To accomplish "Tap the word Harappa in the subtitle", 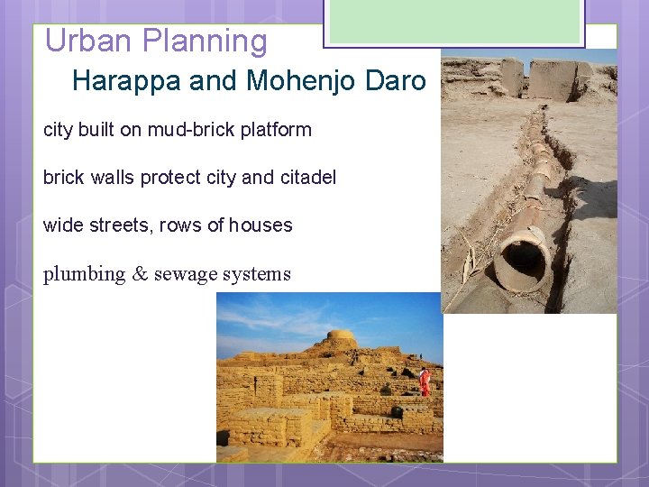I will click(127, 81).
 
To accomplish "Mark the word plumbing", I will click(84, 274).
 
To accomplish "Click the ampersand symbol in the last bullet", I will click(140, 274).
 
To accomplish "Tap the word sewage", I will click(183, 274).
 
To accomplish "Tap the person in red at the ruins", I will click(425, 381).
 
